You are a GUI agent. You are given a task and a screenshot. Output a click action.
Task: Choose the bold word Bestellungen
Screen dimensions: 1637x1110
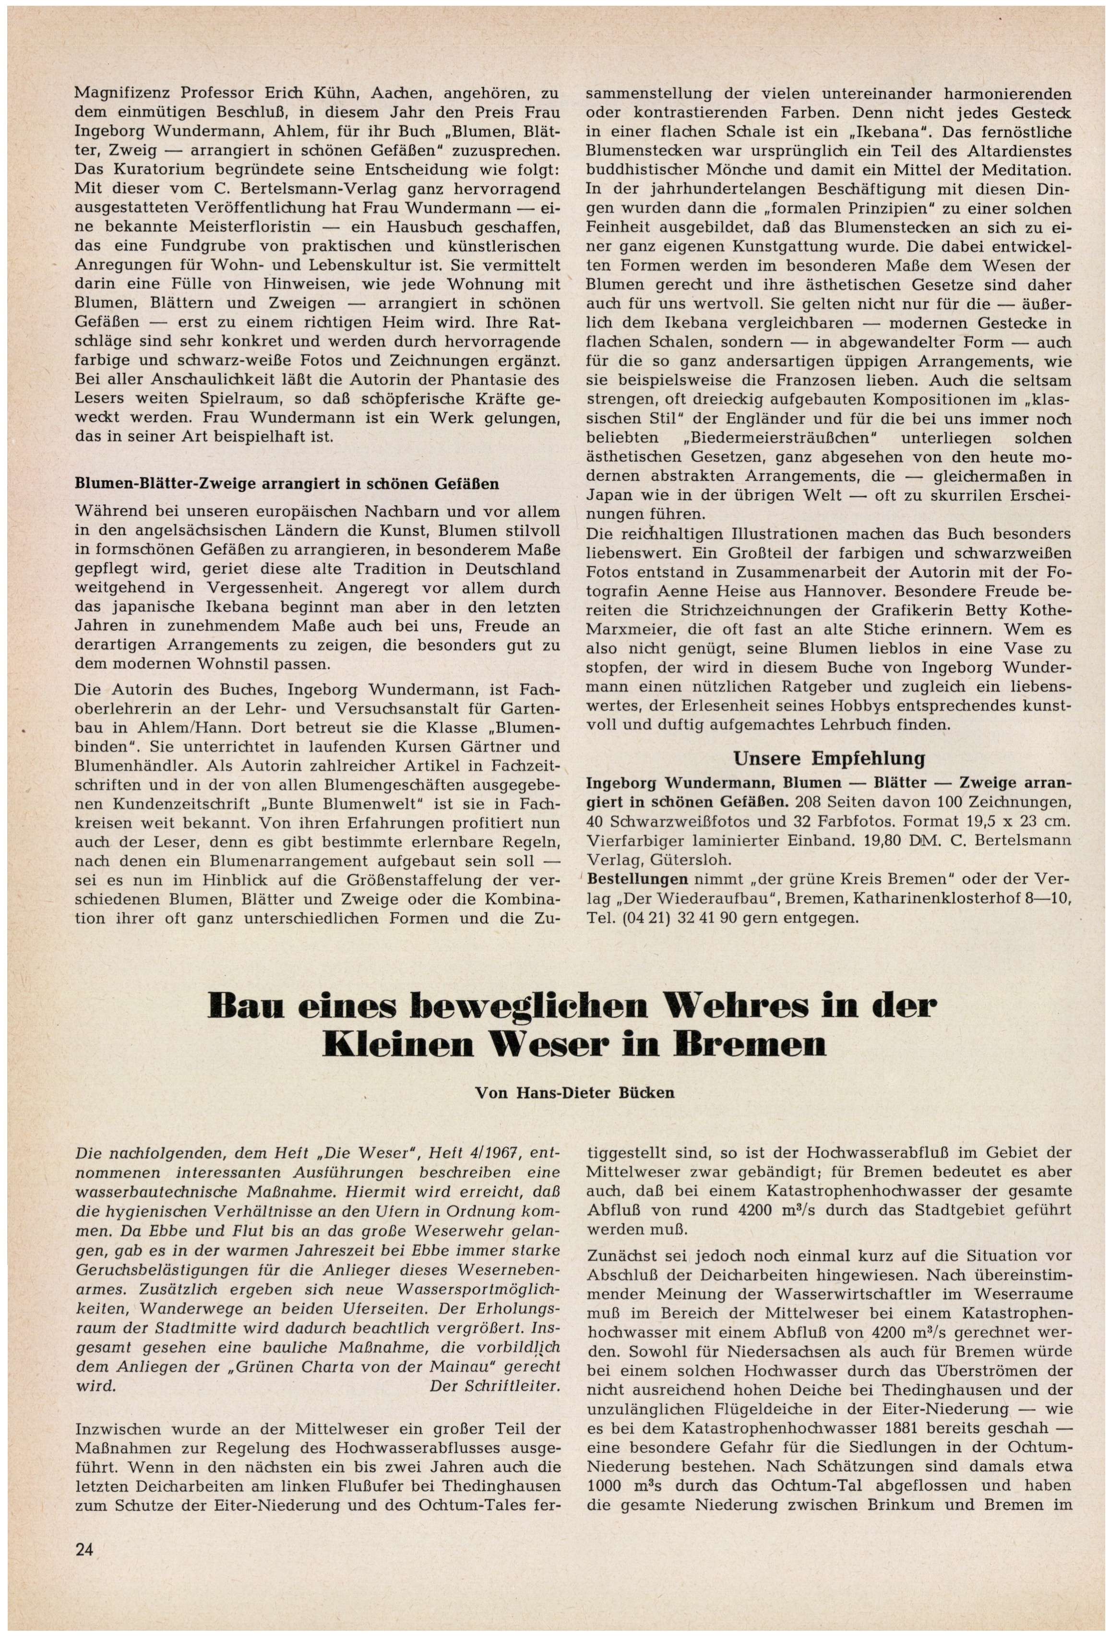[637, 879]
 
